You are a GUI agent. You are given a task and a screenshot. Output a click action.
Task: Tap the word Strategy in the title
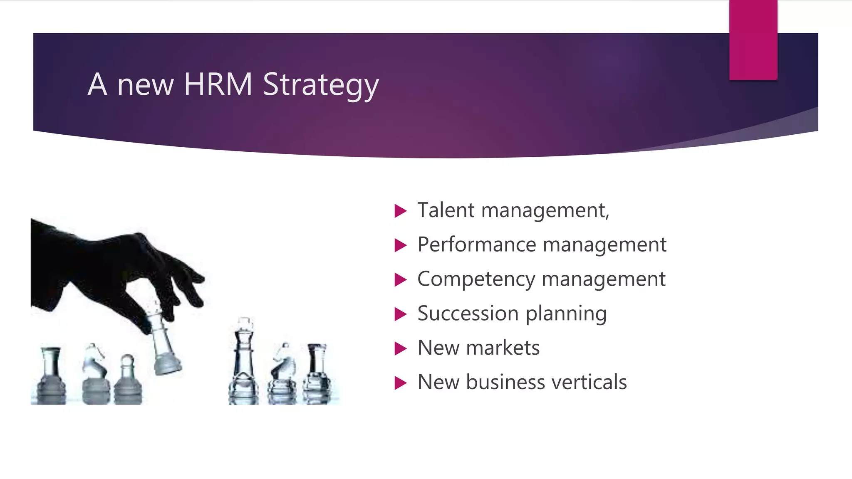tap(321, 85)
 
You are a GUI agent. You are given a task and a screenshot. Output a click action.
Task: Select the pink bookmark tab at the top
tap(753, 40)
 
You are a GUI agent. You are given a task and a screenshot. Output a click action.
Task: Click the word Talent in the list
tap(446, 210)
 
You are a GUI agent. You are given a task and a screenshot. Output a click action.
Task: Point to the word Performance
tap(476, 244)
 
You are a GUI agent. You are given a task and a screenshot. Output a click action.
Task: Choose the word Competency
tap(476, 279)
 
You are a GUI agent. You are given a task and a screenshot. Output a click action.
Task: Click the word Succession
tap(468, 313)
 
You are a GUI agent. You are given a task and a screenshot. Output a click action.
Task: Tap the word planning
tap(566, 314)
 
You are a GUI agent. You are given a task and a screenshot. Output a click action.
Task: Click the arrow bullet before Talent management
tap(400, 211)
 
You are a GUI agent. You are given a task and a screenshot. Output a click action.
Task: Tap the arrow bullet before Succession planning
tap(400, 314)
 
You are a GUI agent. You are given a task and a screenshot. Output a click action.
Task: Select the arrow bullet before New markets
tap(400, 348)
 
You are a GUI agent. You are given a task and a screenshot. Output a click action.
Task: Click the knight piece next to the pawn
tap(95, 372)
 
